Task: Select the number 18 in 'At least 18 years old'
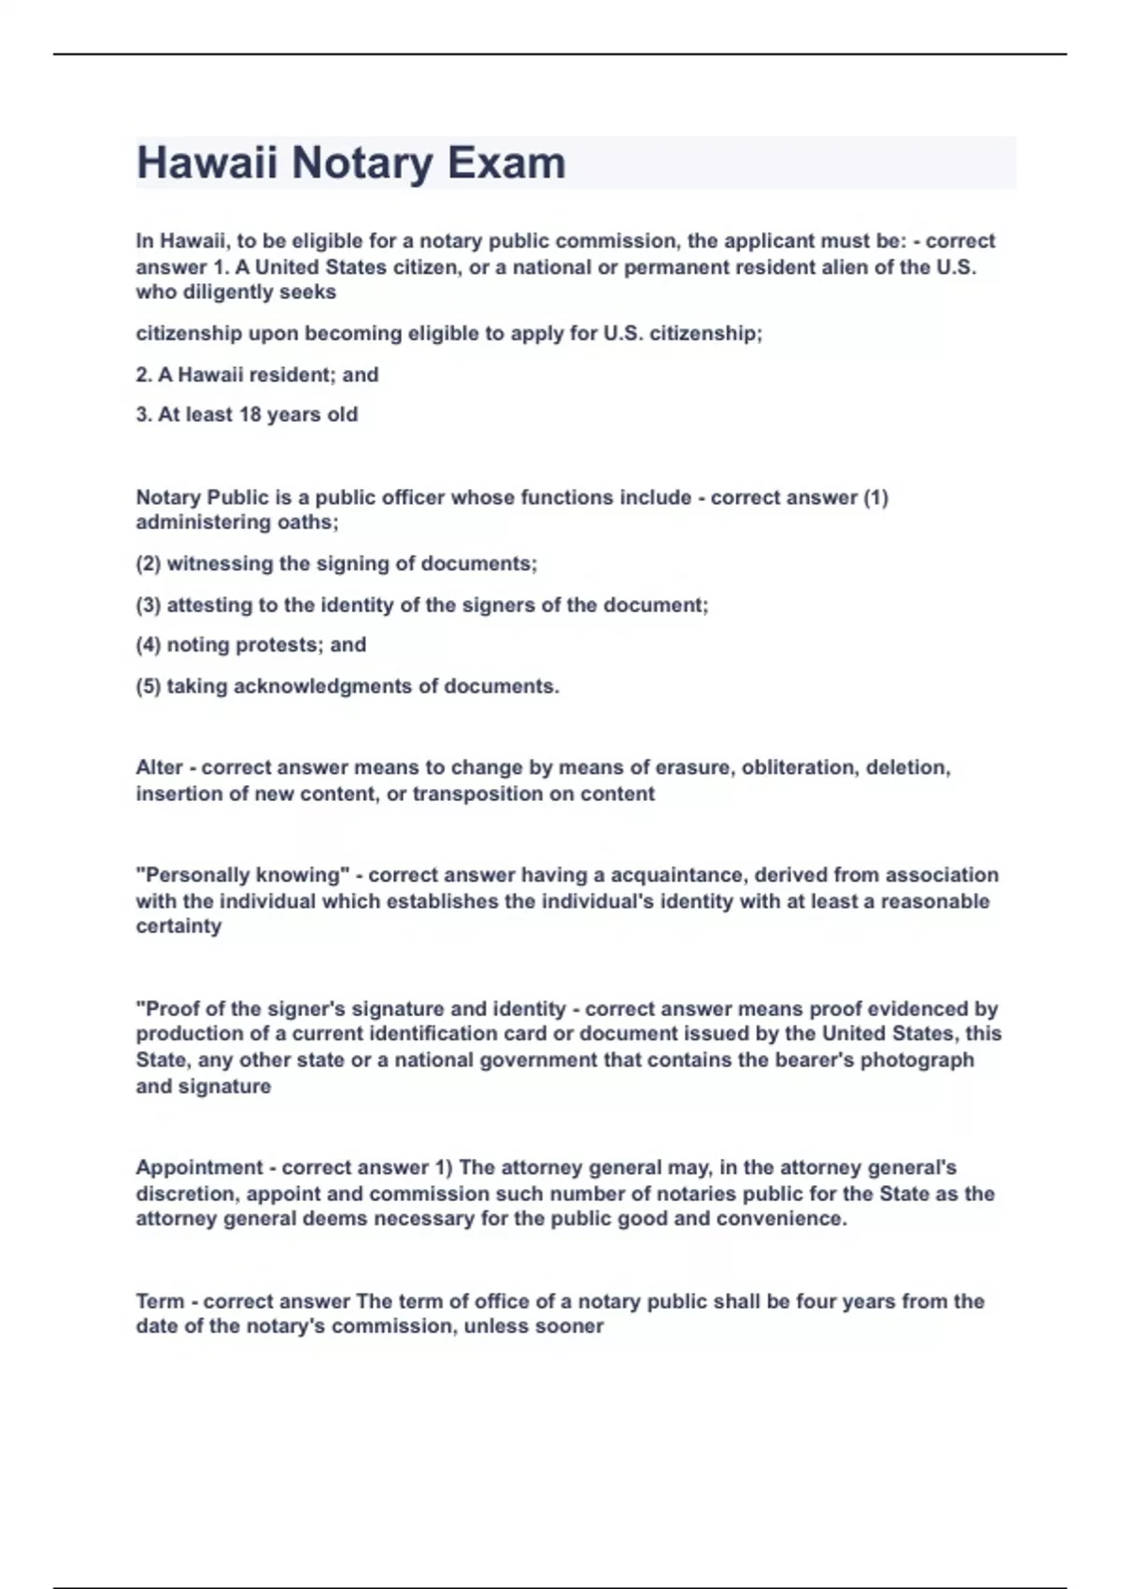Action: click(x=249, y=414)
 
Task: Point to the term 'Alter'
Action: click(x=159, y=767)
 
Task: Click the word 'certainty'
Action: click(x=178, y=926)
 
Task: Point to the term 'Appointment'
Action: click(x=200, y=1167)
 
